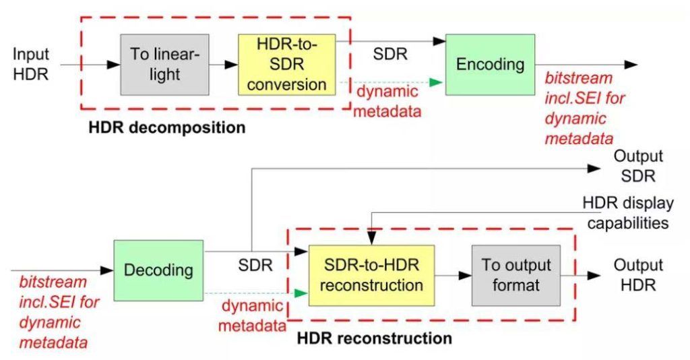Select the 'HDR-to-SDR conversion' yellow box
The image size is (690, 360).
[x=286, y=64]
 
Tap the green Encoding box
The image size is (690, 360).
[x=490, y=64]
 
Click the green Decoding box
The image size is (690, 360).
[x=158, y=270]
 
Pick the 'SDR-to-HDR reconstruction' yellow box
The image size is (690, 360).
[x=371, y=274]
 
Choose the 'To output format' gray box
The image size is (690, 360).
[x=515, y=274]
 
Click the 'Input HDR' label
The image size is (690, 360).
[x=30, y=64]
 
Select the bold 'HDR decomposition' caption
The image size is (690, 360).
[x=167, y=127]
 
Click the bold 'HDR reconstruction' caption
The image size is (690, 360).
[x=375, y=338]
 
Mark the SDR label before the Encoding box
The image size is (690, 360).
[x=390, y=53]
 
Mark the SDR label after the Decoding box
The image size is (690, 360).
[x=255, y=265]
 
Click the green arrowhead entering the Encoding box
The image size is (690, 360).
[x=437, y=82]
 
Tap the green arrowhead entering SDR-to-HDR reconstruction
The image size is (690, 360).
[x=301, y=293]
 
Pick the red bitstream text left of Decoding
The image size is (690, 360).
[x=54, y=312]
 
